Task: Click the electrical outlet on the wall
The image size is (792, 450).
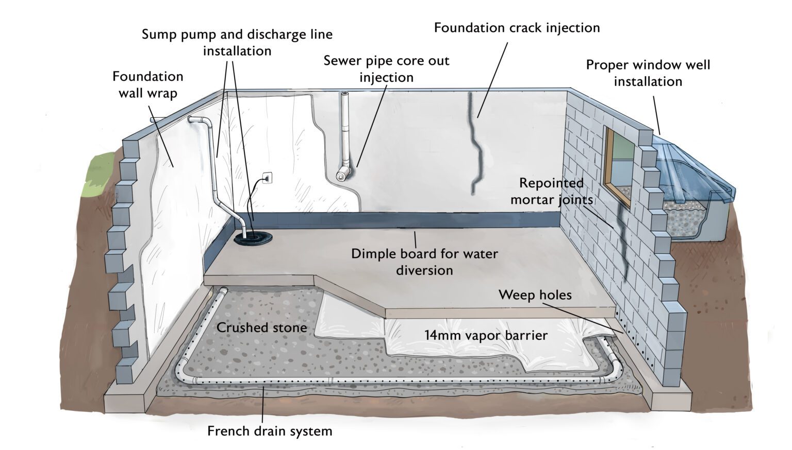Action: coord(268,178)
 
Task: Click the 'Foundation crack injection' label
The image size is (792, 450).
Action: coord(517,28)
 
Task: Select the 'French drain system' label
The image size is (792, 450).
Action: coord(270,430)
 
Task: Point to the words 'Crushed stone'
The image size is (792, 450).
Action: coord(261,327)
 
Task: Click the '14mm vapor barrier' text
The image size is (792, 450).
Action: coord(486,335)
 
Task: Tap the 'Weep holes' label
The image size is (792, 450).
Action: coord(535,295)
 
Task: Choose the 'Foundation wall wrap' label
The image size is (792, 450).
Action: coord(148,84)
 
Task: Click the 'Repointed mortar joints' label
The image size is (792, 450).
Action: coord(551,191)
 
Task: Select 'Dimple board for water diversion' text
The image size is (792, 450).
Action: coord(424,262)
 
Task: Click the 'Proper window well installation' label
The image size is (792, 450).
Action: coord(648,73)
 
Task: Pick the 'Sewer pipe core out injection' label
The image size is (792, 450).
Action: coord(386,68)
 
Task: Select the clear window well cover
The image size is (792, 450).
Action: coord(691,165)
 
